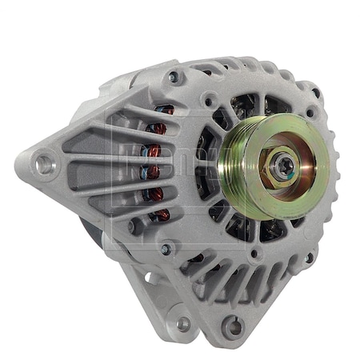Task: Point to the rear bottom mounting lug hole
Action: (183, 323)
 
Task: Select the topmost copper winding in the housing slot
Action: (164, 110)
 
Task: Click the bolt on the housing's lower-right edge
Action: (309, 258)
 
